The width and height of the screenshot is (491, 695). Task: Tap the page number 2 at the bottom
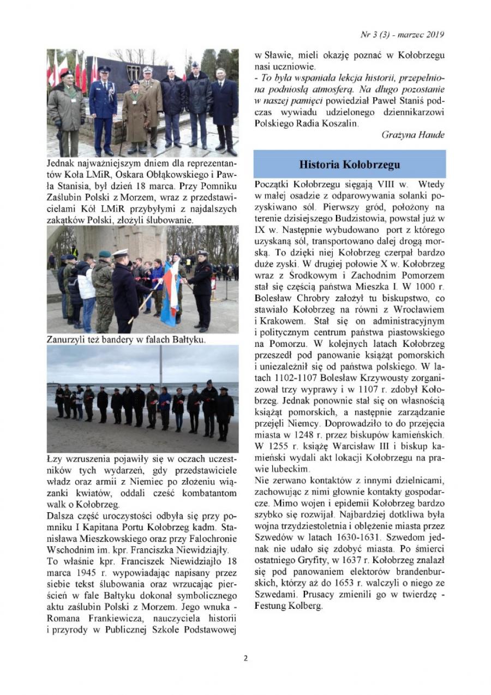[245, 658]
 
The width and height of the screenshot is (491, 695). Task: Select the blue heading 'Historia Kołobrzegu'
[350, 164]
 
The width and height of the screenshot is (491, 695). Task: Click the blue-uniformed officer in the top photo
[103, 109]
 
